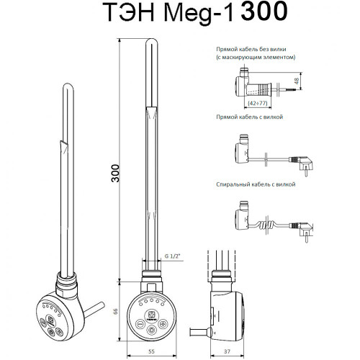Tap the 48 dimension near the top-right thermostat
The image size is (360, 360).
(297, 81)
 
